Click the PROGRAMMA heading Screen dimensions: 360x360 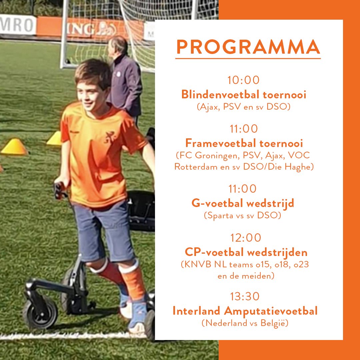tap(248, 47)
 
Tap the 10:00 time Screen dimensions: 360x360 tap(243, 80)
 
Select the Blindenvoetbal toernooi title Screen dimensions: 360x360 tap(244, 95)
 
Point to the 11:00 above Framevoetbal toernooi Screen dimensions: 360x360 tap(244, 129)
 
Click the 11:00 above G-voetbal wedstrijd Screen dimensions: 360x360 tap(243, 189)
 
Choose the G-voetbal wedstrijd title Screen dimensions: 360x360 tap(243, 203)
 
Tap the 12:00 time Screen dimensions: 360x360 tap(246, 238)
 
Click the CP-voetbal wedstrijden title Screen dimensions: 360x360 tap(246, 252)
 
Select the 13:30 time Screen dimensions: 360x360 tap(245, 296)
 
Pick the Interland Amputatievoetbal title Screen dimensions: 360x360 tap(245, 311)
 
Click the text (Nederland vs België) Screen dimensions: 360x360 tap(245, 323)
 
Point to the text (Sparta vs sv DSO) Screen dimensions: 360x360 tap(242, 215)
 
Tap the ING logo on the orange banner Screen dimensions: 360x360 tap(82, 29)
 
